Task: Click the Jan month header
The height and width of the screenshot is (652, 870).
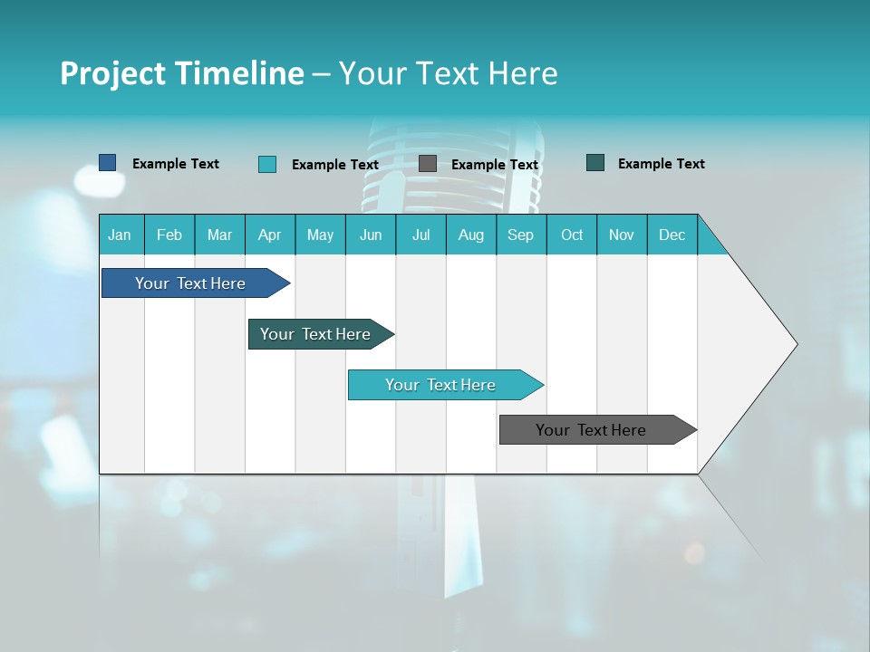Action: pyautogui.click(x=121, y=235)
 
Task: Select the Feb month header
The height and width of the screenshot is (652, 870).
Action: pyautogui.click(x=169, y=235)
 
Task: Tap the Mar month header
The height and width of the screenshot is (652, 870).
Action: pyautogui.click(x=219, y=235)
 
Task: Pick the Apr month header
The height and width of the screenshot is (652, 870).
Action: pyautogui.click(x=270, y=235)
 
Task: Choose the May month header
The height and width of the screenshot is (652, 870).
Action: pyautogui.click(x=320, y=235)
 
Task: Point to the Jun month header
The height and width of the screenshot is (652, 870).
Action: pyautogui.click(x=371, y=235)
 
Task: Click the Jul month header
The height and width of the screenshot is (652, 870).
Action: pyautogui.click(x=420, y=235)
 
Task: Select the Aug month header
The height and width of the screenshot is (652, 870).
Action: pyautogui.click(x=471, y=235)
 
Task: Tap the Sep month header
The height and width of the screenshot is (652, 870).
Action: pyautogui.click(x=521, y=235)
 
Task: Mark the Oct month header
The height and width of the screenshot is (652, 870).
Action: pyautogui.click(x=572, y=235)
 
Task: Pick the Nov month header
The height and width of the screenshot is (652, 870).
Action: pyautogui.click(x=622, y=235)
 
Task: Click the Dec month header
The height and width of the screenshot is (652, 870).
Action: pyautogui.click(x=672, y=235)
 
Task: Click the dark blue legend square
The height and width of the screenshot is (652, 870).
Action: pyautogui.click(x=108, y=163)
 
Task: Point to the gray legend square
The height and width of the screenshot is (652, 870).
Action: pyautogui.click(x=428, y=164)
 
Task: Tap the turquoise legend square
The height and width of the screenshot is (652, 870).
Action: pyautogui.click(x=267, y=164)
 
